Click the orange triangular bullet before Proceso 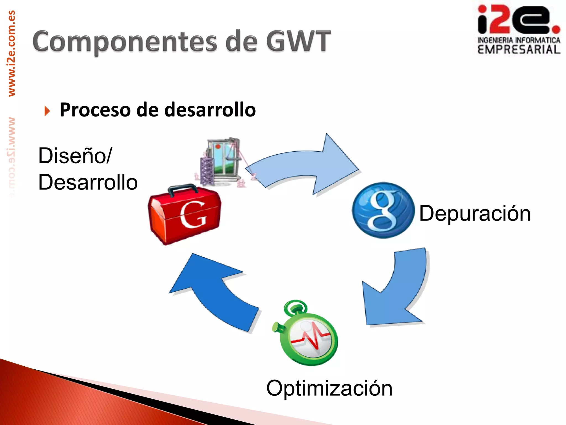[x=47, y=111]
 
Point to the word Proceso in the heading [x=95, y=110]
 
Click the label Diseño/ [x=75, y=156]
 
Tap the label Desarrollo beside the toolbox [x=88, y=182]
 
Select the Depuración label [x=475, y=213]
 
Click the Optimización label [x=329, y=388]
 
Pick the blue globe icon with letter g [x=383, y=210]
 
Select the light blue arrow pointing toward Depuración [x=304, y=166]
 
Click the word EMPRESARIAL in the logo [x=519, y=50]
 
